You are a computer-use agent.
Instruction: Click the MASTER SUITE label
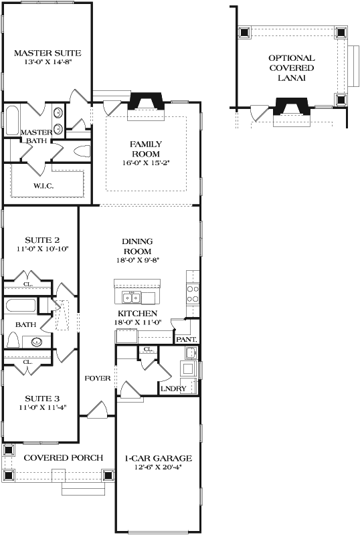point(48,52)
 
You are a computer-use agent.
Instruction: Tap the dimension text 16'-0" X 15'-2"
point(145,163)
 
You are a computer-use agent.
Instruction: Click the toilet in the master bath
point(82,150)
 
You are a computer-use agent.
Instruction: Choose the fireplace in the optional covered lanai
point(290,106)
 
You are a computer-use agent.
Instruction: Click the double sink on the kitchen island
point(131,297)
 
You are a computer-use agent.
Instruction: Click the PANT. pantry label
point(185,339)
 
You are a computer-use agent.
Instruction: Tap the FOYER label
point(97,379)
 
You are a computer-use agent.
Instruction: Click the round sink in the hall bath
point(37,342)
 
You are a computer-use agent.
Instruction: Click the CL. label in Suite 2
point(27,284)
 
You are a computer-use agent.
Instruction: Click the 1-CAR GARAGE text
point(159,458)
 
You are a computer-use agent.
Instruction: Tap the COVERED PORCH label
point(64,457)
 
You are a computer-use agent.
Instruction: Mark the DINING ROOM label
point(137,246)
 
